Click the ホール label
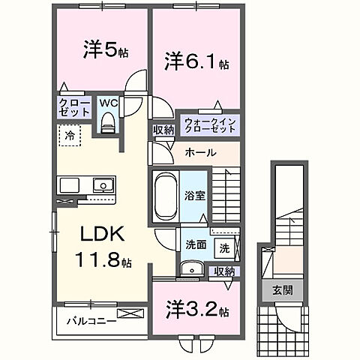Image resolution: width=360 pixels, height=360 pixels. (201, 152)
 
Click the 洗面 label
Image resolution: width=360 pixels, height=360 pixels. (196, 244)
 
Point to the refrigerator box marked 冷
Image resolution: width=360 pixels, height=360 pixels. (68, 138)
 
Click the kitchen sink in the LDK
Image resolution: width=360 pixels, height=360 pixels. (100, 186)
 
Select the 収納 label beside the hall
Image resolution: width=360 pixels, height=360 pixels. (164, 130)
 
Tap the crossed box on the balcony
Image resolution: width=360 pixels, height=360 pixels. (129, 314)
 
